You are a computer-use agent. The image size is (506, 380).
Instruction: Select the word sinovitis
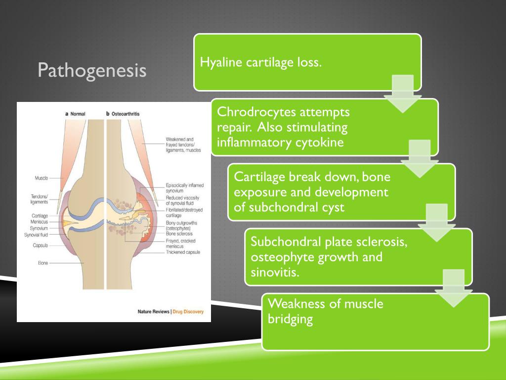tap(275, 273)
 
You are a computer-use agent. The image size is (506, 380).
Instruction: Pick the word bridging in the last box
tap(291, 319)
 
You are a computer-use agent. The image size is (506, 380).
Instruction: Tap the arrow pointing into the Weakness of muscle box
tap(454, 289)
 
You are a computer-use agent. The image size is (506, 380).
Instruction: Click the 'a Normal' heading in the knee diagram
tap(75, 114)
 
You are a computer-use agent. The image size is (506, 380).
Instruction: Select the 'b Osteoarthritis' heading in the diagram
tap(123, 114)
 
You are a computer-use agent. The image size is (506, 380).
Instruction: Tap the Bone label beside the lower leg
tap(42, 263)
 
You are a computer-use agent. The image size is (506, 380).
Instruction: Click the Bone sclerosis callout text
tap(179, 233)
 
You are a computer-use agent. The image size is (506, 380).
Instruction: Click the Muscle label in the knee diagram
tap(41, 178)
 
